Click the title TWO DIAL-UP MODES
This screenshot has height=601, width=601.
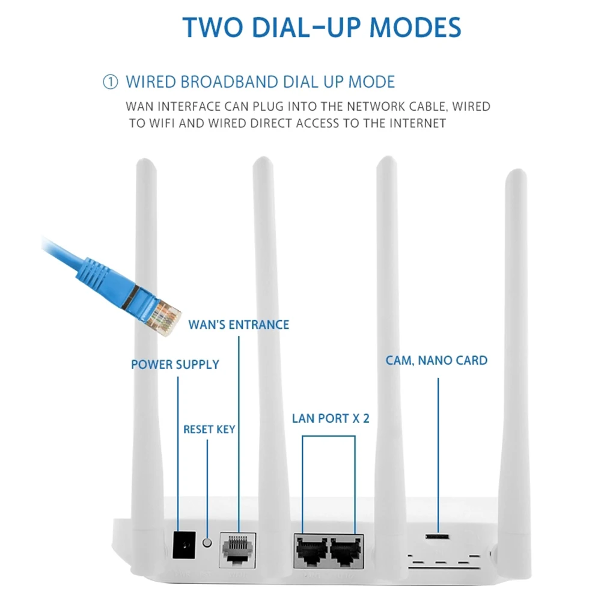pos(322,27)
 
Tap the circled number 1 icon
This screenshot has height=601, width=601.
pos(111,82)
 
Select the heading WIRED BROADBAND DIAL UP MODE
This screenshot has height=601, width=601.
pos(260,82)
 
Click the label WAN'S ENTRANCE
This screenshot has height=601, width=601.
pos(239,325)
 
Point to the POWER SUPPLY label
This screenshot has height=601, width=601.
pos(175,364)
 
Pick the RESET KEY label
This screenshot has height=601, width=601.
pos(209,429)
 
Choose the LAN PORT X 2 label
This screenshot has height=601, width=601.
pos(331,418)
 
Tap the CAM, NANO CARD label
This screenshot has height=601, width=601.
pos(436,360)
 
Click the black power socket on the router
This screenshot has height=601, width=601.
pos(184,545)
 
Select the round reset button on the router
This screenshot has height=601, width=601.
pos(207,543)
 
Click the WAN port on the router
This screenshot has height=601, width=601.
pos(237,550)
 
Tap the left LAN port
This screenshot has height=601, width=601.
pos(312,551)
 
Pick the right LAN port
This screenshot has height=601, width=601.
pos(347,551)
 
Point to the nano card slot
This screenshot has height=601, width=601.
pos(437,536)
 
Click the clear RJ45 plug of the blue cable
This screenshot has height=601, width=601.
pos(163,316)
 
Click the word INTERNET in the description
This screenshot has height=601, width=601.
pos(418,123)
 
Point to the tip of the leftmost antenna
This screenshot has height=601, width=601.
pos(145,160)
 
